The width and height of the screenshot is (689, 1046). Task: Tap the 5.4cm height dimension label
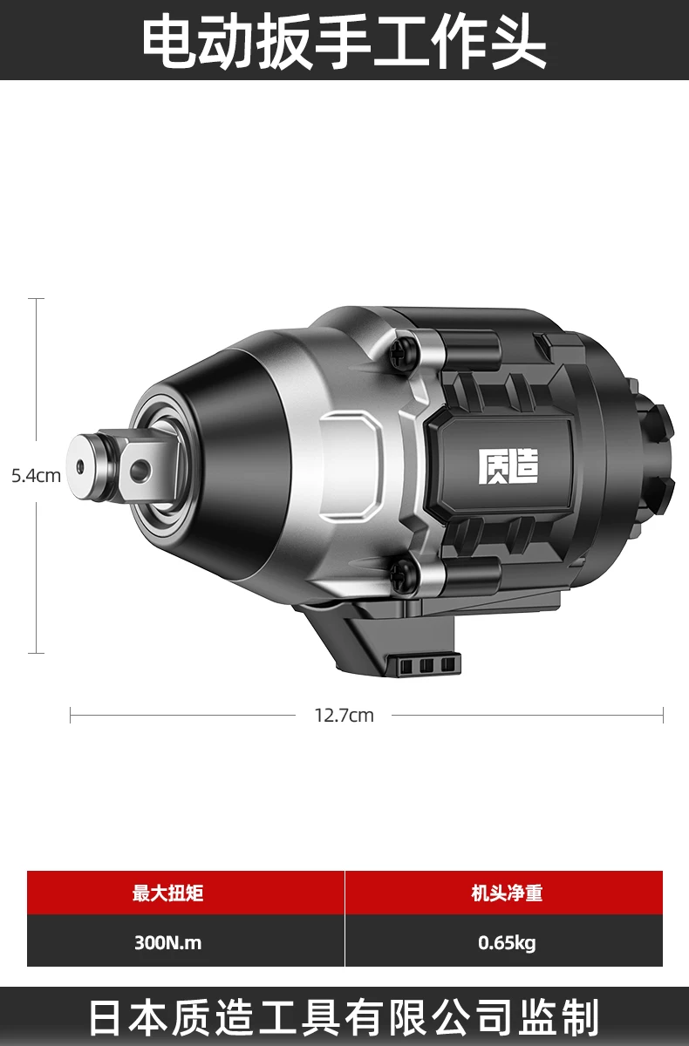(x=36, y=476)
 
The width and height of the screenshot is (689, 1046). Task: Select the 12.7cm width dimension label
(x=344, y=716)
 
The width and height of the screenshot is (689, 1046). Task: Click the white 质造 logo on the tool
(x=508, y=466)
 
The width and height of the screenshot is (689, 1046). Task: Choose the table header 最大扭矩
(x=167, y=893)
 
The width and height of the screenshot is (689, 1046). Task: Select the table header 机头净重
(x=508, y=893)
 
